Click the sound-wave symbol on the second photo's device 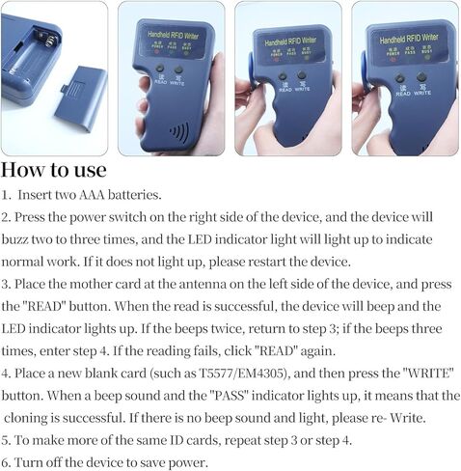coord(178,130)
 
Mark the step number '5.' coord(7,438)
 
